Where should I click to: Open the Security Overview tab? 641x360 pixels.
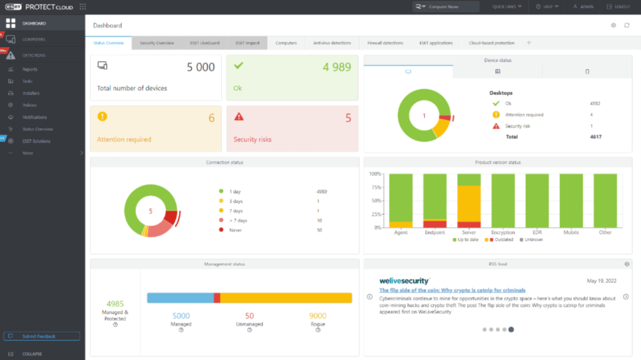click(x=156, y=43)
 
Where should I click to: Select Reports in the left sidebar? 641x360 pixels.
click(x=30, y=69)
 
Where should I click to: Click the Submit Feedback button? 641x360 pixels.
click(x=42, y=336)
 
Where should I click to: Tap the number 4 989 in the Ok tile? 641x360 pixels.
click(x=337, y=67)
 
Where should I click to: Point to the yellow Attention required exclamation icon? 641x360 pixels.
click(x=102, y=117)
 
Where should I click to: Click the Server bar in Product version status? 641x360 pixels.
click(x=469, y=201)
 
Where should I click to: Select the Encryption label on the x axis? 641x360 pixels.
click(x=503, y=232)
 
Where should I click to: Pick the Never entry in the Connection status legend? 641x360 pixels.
click(x=235, y=230)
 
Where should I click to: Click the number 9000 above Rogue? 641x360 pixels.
click(x=317, y=316)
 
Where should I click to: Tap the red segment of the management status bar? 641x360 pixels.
click(x=217, y=298)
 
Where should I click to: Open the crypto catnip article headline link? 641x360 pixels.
click(x=452, y=290)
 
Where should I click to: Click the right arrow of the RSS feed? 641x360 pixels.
click(x=625, y=297)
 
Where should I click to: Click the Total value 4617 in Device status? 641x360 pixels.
click(x=595, y=137)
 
